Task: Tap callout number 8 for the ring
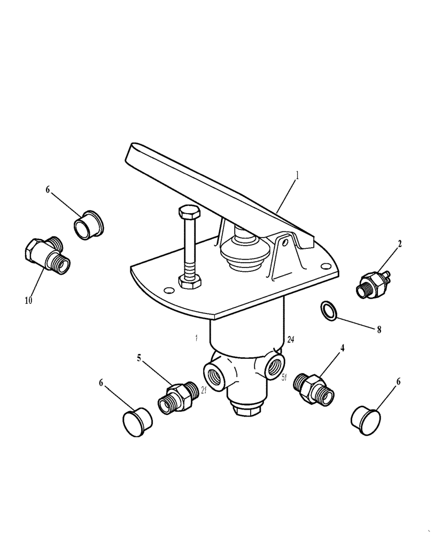click(x=379, y=330)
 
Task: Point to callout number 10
click(x=28, y=300)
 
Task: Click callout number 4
click(x=342, y=348)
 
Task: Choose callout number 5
click(x=139, y=358)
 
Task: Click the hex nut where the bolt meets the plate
click(x=190, y=281)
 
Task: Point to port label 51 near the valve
click(x=285, y=377)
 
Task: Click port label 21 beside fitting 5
click(x=204, y=391)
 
